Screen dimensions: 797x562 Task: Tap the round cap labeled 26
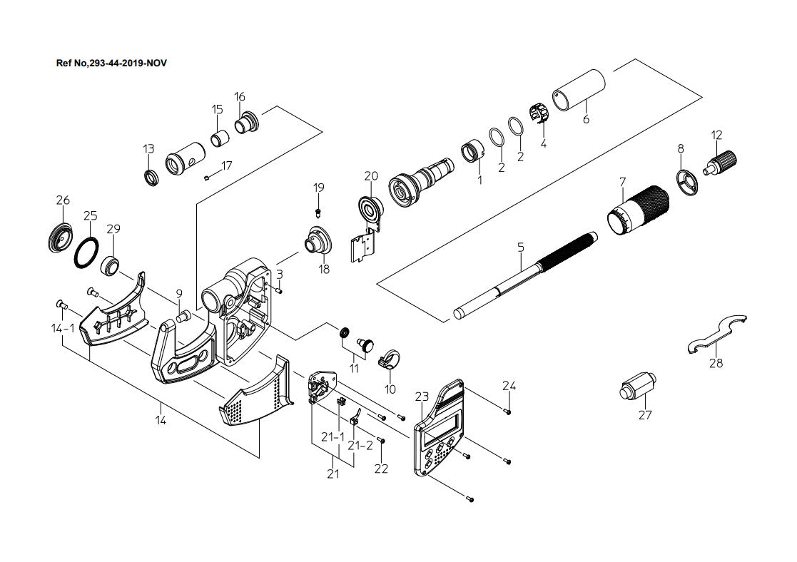(60, 237)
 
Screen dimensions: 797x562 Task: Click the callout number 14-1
(63, 328)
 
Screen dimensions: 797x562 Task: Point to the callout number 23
(422, 397)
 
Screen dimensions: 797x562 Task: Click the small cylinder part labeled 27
(637, 387)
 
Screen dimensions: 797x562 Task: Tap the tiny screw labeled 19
(318, 211)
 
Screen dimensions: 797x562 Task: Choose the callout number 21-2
(360, 446)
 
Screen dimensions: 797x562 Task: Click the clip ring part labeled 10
(390, 359)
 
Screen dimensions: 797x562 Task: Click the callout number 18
(324, 270)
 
